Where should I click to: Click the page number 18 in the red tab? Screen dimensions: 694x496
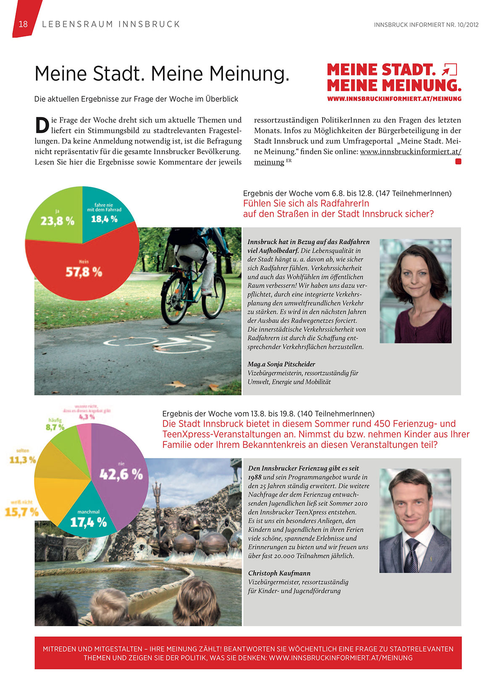tap(23, 24)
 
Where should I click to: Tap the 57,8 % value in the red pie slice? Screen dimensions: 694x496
tap(84, 272)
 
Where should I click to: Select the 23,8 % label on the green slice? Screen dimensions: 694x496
tap(57, 221)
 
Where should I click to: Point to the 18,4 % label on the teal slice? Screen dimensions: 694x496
tap(104, 219)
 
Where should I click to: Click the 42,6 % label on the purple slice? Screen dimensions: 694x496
tap(121, 474)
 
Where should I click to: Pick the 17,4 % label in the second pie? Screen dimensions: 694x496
tap(88, 522)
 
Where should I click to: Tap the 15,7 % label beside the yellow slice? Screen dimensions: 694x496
tap(21, 512)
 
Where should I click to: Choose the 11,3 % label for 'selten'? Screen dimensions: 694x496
tap(23, 460)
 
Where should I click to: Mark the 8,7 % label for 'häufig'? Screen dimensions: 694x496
tap(55, 427)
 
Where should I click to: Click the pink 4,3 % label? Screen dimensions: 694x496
tap(87, 417)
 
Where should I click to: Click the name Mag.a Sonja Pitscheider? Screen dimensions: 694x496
tap(281, 364)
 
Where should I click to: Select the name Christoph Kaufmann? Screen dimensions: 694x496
tap(279, 573)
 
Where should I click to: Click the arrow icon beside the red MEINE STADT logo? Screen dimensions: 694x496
tap(449, 70)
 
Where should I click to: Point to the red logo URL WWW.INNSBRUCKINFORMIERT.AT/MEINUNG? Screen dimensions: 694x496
tap(394, 99)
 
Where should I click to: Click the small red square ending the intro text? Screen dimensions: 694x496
tap(458, 162)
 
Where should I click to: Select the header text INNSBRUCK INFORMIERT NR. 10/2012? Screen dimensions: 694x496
tap(426, 25)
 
